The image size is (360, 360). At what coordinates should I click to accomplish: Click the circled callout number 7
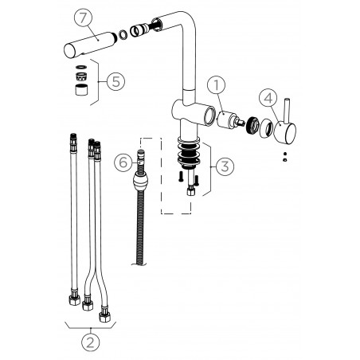pyautogui.click(x=83, y=18)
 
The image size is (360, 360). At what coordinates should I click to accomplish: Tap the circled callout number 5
pyautogui.click(x=116, y=81)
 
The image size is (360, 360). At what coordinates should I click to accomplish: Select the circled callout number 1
pyautogui.click(x=217, y=85)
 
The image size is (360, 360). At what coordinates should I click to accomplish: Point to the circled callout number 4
pyautogui.click(x=268, y=98)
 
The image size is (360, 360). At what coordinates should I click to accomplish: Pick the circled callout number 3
pyautogui.click(x=225, y=166)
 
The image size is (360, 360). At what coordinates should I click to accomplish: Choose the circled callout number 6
pyautogui.click(x=123, y=162)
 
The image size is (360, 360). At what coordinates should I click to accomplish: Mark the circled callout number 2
pyautogui.click(x=90, y=342)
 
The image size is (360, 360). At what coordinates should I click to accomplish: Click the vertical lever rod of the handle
pyautogui.click(x=287, y=112)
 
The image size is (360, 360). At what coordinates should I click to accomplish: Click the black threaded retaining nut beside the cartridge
pyautogui.click(x=252, y=125)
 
